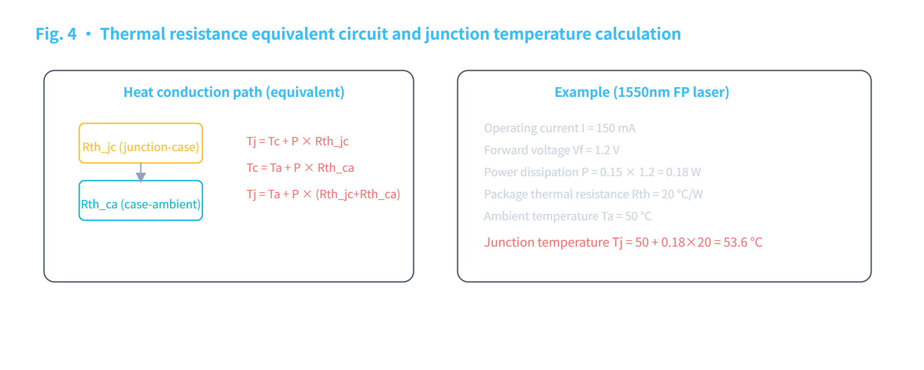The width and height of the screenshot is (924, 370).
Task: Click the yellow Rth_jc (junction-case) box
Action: pos(141,124)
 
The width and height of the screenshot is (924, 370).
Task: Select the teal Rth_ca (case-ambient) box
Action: pos(141,181)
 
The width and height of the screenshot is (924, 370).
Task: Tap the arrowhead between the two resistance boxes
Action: pos(141,177)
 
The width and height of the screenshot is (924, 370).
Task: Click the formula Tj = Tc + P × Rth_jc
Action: pos(297,141)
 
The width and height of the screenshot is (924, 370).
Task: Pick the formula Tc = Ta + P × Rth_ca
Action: pos(300,168)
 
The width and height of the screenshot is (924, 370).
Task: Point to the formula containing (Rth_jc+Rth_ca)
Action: pos(323,194)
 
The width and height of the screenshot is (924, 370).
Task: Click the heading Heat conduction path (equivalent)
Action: pos(234,92)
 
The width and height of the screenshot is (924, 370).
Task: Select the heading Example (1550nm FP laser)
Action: pos(642,92)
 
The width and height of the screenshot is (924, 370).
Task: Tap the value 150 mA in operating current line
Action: pos(616,128)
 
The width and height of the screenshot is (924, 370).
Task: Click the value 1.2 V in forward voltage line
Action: pos(607,150)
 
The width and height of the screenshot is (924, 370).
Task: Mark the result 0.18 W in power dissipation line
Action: pos(683,172)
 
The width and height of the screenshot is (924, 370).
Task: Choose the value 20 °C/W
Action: pos(682,194)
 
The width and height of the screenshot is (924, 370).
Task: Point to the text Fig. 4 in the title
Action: pos(56,34)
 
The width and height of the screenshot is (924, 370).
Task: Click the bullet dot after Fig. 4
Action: pos(88,34)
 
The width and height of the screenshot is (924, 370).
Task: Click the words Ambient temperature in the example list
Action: pos(541,216)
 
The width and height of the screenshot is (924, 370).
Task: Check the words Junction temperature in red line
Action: pos(546,242)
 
